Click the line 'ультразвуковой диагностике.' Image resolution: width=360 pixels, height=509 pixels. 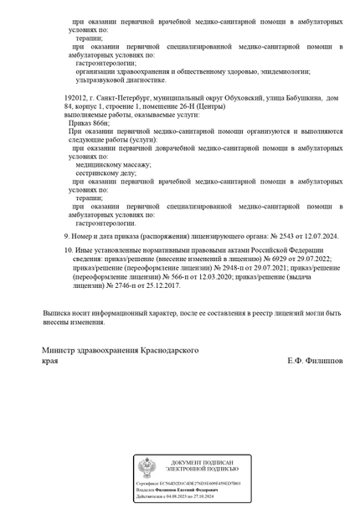coord(121,80)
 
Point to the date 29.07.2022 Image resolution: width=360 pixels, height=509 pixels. coord(314,259)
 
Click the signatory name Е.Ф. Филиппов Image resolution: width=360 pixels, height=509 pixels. coord(314,360)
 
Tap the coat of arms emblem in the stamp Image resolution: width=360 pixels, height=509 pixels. coord(147,467)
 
